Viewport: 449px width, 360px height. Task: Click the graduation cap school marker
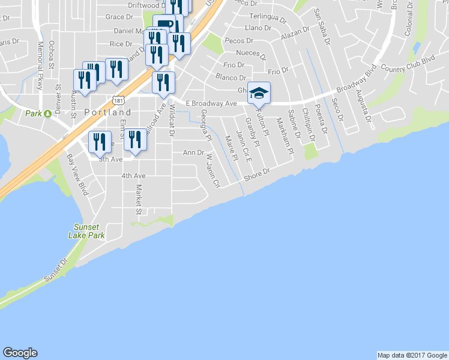(x=259, y=94)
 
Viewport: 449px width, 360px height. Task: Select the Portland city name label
(x=107, y=112)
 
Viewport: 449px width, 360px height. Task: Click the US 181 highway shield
(x=118, y=98)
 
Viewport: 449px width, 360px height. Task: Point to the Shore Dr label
(x=258, y=175)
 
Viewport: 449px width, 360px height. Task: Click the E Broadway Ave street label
(x=211, y=103)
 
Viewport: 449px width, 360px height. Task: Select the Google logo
(x=20, y=352)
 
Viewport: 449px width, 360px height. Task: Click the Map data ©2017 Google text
(x=411, y=355)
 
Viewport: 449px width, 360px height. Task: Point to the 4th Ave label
(x=133, y=176)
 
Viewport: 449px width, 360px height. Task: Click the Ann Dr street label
(x=193, y=152)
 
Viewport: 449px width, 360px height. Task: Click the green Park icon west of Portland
(x=45, y=113)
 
